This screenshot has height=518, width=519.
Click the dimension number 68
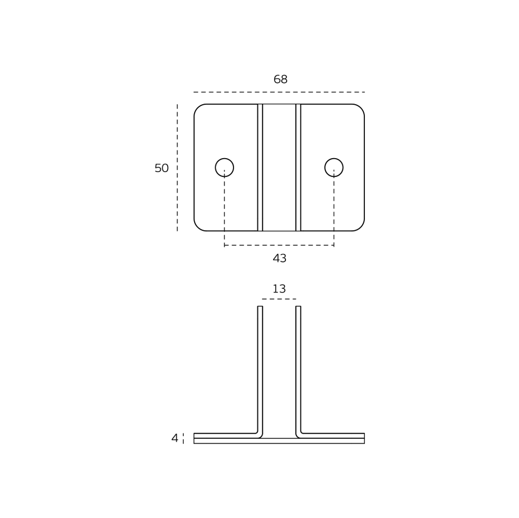[x=280, y=79]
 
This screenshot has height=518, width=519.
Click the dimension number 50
[x=161, y=168]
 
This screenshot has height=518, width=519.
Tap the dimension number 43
[x=279, y=258]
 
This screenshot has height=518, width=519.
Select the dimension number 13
[x=279, y=289]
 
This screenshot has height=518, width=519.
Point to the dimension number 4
[x=175, y=438]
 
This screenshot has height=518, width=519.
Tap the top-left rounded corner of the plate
[x=198, y=108]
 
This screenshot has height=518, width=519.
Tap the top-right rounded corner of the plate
[x=361, y=108]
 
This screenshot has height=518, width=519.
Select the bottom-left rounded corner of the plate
[x=198, y=227]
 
